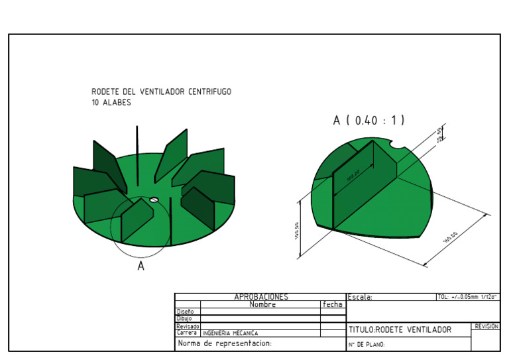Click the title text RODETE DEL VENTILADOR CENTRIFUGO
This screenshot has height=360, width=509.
tap(161, 91)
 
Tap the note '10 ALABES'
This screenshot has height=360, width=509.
tap(111, 103)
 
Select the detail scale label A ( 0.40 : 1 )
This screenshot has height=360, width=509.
tap(368, 121)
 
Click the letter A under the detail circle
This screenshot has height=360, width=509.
tap(141, 266)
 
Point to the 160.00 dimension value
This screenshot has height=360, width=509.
tap(450, 237)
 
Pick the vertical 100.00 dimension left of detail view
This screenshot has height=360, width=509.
tap(296, 231)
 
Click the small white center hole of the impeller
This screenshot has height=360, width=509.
tap(153, 198)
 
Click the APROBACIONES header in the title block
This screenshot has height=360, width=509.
tap(261, 297)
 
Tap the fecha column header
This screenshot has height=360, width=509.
tap(333, 305)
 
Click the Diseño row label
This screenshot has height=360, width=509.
tap(185, 312)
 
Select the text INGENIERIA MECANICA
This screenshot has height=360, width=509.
tap(230, 333)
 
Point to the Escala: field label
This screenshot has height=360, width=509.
tap(361, 298)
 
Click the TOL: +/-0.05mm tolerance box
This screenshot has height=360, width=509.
tap(467, 297)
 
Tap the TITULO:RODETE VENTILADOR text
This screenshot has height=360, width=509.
tap(400, 330)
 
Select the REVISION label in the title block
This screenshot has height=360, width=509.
tap(486, 326)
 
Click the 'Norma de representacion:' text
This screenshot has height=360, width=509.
tap(225, 343)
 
